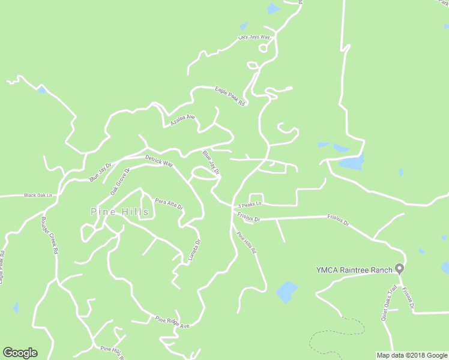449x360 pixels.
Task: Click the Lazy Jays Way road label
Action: tap(254, 37)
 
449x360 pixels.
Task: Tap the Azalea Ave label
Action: tap(182, 120)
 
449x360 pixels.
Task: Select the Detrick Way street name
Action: tap(158, 161)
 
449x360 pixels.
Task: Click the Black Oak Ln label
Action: tap(38, 195)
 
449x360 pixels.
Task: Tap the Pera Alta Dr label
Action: tap(169, 203)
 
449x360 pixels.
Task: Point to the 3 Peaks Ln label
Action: tap(249, 204)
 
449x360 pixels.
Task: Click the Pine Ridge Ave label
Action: tap(172, 322)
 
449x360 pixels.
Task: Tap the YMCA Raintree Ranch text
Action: tap(354, 269)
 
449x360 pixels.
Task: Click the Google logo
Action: tap(20, 353)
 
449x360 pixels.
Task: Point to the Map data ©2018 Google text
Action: tap(412, 355)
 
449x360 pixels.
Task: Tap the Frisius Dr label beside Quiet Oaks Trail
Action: tap(408, 298)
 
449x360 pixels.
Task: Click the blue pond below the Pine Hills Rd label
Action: tap(286, 292)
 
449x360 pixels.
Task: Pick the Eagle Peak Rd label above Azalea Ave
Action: tap(231, 96)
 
